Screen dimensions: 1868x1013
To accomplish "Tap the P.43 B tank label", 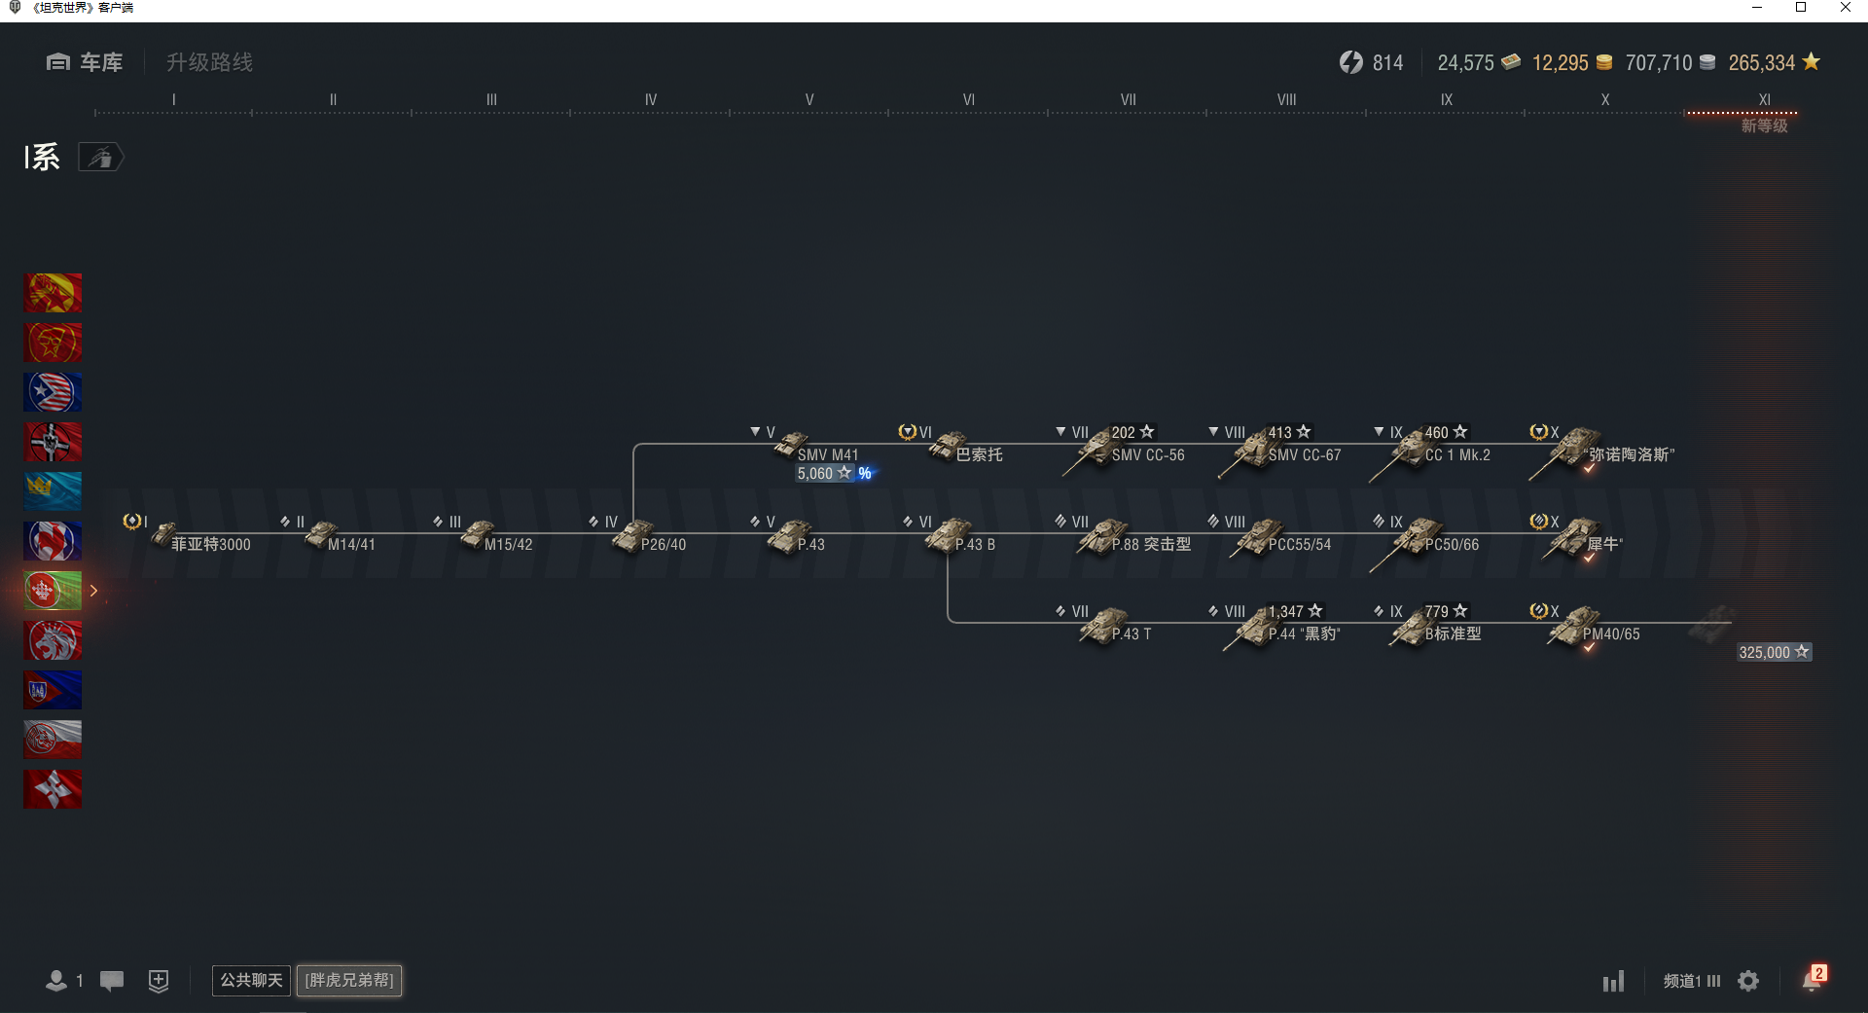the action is click(975, 545).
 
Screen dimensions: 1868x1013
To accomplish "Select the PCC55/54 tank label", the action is click(1300, 545).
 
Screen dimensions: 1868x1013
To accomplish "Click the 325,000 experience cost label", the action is click(1774, 652).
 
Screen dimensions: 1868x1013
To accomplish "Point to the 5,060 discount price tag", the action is click(835, 474).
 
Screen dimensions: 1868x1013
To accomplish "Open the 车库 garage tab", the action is click(85, 62).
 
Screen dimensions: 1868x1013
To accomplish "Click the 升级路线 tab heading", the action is click(209, 62).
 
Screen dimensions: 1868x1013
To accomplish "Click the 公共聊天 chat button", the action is click(251, 980).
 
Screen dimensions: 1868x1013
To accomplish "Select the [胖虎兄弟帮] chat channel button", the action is click(349, 980).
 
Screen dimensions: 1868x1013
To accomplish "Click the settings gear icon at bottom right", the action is click(1748, 981).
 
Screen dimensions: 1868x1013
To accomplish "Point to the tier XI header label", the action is click(1765, 99).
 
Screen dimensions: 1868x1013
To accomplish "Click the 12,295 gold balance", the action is click(1560, 63).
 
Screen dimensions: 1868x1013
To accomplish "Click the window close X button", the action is click(1845, 8).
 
